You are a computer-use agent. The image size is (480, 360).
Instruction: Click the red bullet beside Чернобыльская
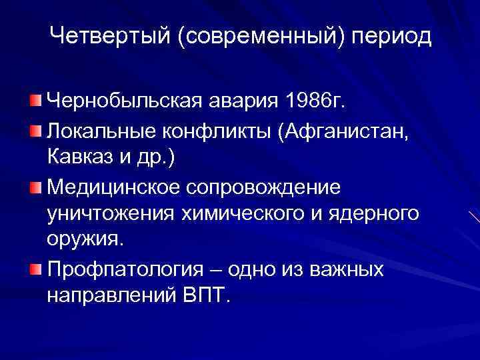35,101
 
